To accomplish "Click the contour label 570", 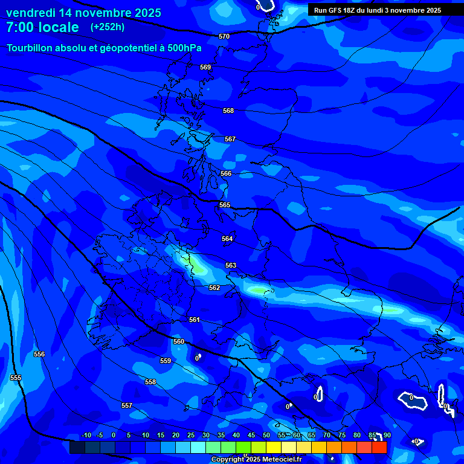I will point(224,37).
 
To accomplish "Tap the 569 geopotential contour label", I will point(205,67).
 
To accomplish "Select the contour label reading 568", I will point(228,111).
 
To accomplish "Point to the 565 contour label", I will point(225,205).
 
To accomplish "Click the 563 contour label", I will point(231,265).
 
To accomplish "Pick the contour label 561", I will point(194,320).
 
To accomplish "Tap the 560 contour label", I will point(179,341).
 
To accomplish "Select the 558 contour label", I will point(150,382).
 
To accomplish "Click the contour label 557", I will point(127,405).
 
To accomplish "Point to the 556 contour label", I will point(39,354).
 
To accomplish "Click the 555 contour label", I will point(16,378).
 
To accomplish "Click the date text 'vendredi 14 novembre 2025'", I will point(83,13).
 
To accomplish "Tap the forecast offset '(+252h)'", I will point(108,27).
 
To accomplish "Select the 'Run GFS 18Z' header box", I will point(378,10).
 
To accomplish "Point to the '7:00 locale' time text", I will point(42,27).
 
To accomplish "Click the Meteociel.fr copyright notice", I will point(256,459).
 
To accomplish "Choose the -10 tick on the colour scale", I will point(86,436).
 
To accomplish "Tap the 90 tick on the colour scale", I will point(387,436).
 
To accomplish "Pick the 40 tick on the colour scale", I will point(236,436).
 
